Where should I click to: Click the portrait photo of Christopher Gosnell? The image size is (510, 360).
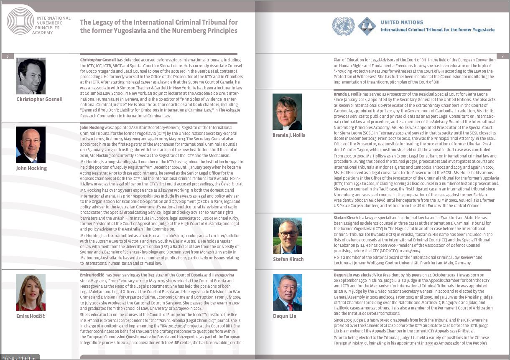[31, 76]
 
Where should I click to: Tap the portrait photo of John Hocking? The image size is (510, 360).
[31, 145]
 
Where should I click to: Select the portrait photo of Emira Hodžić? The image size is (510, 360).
[31, 292]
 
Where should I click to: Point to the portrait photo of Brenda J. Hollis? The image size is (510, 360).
[287, 112]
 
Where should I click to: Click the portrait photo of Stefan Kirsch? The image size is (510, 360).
[287, 236]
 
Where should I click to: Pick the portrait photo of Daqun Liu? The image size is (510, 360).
[287, 292]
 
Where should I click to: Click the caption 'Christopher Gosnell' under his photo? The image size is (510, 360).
[39, 99]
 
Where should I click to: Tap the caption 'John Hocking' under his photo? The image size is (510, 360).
[31, 168]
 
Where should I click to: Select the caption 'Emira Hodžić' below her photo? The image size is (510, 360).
[31, 316]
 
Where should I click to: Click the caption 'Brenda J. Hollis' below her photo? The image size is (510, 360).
[289, 135]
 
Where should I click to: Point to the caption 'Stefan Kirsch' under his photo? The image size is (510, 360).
[288, 259]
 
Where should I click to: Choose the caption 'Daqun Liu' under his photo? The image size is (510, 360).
[284, 316]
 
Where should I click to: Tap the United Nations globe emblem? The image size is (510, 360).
[343, 26]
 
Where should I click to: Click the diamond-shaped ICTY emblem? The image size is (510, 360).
[367, 26]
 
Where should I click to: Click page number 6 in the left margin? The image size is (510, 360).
[7, 56]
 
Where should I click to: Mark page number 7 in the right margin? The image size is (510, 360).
[502, 56]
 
